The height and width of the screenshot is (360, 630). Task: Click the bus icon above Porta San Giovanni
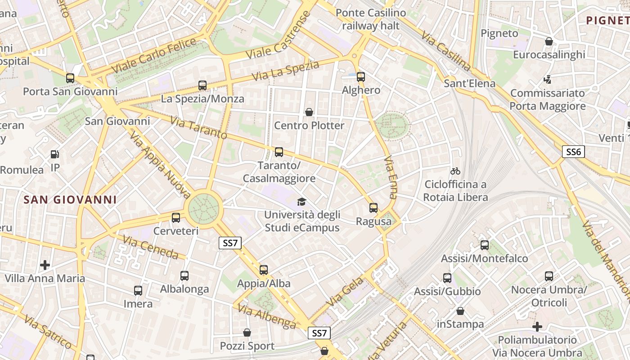70,78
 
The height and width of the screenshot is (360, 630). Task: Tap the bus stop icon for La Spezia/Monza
202,85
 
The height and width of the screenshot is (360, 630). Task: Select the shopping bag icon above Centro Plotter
309,112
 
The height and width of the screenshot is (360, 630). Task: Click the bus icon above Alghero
360,76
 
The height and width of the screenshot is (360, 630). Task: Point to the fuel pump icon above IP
55,154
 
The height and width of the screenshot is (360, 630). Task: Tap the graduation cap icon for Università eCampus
301,202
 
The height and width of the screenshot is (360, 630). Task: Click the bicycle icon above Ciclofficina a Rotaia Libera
455,171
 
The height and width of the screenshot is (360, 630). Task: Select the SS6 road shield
573,152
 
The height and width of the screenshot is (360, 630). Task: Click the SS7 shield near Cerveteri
230,243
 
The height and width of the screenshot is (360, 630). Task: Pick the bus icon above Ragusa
373,208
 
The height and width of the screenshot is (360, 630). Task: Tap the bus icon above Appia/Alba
264,270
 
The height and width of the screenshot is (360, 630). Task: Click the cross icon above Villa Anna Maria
45,265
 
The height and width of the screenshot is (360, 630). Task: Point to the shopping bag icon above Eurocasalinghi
549,41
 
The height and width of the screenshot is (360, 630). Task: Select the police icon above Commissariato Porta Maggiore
548,80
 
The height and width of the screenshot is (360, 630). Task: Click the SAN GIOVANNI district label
70,200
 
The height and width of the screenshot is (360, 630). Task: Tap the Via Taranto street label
198,127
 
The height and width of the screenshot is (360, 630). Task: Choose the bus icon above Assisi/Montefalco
485,245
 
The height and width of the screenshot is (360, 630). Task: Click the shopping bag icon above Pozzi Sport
247,333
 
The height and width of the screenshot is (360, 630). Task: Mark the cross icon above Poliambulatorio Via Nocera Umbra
537,326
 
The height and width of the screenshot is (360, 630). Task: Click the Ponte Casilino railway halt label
370,19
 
